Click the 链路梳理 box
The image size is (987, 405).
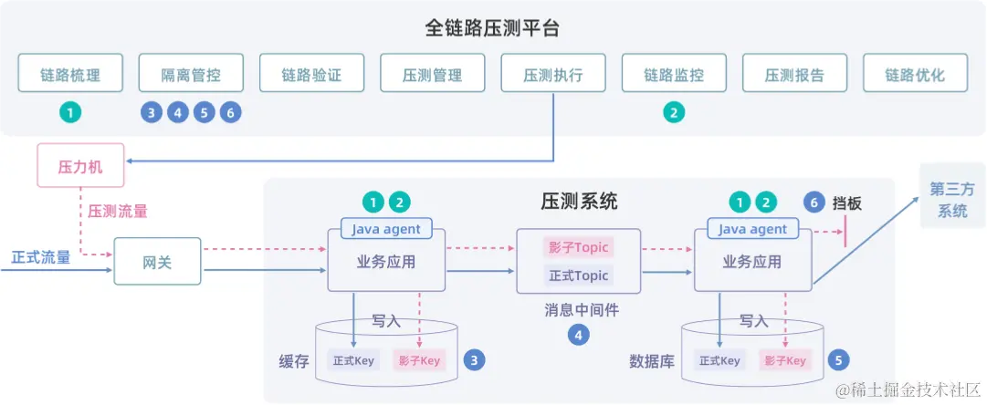pyautogui.click(x=70, y=74)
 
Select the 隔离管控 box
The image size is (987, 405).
pyautogui.click(x=191, y=74)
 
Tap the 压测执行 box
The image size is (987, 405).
pyautogui.click(x=553, y=74)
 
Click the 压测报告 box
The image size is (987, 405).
pyautogui.click(x=794, y=74)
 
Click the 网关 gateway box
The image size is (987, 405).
pyautogui.click(x=157, y=262)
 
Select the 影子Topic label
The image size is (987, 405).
pyautogui.click(x=577, y=246)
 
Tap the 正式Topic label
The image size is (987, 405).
pyautogui.click(x=577, y=275)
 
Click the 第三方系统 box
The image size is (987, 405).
pyautogui.click(x=952, y=200)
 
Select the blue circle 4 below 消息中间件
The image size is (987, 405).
pyautogui.click(x=578, y=336)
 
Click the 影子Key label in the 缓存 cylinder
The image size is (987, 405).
pyautogui.click(x=419, y=360)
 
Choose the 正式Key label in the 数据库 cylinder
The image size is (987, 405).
pyautogui.click(x=719, y=360)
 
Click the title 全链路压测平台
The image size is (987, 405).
pyautogui.click(x=492, y=27)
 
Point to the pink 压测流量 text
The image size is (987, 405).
pyautogui.click(x=118, y=211)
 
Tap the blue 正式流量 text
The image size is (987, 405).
pyautogui.click(x=41, y=257)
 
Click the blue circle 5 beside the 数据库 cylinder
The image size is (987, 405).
pyautogui.click(x=840, y=359)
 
